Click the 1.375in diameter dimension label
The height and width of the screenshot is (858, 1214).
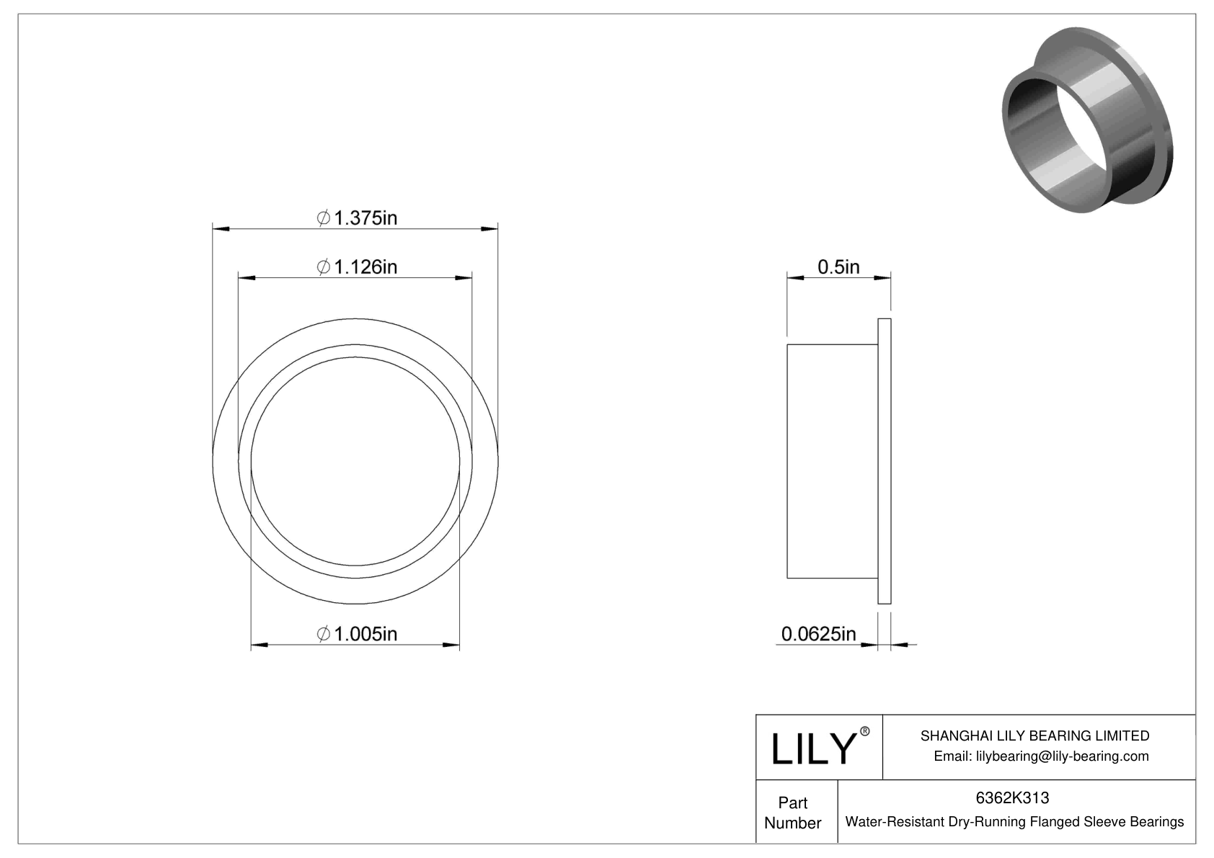click(358, 218)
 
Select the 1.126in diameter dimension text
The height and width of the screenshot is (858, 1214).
click(358, 267)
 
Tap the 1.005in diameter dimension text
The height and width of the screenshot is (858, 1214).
click(358, 633)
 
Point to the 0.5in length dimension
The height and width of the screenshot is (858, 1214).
click(838, 267)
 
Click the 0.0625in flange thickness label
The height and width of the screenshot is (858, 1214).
click(818, 633)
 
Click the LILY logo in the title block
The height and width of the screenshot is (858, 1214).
click(812, 749)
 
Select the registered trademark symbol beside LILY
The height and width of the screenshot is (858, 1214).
click(865, 732)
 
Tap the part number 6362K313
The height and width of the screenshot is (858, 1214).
click(1012, 797)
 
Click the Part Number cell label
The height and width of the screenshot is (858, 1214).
click(793, 813)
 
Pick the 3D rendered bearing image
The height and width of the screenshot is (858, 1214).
click(1087, 120)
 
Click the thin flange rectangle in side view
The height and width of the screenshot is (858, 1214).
click(885, 461)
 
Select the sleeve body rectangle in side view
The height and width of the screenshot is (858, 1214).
click(832, 461)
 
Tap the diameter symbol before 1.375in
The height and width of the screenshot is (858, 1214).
click(324, 218)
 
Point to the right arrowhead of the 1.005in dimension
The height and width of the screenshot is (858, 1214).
click(452, 644)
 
